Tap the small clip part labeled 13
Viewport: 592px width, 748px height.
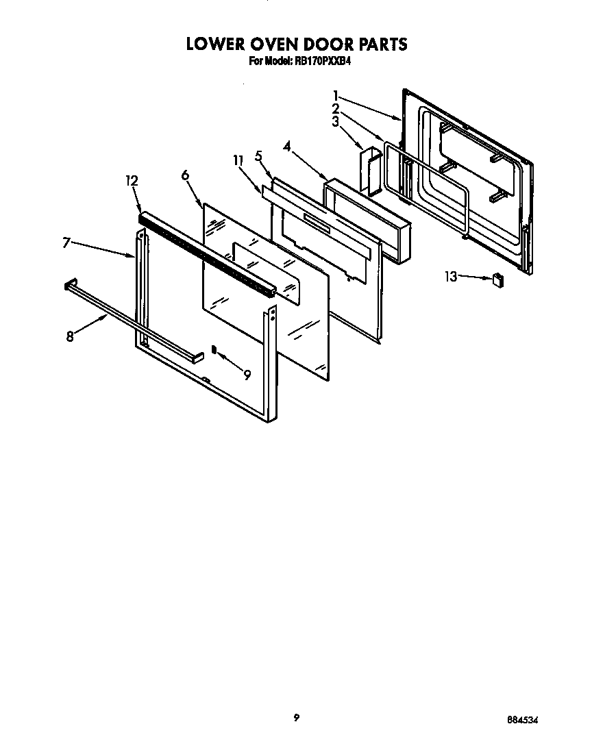498,279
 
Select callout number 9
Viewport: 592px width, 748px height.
247,373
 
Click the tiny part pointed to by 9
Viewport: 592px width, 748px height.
214,349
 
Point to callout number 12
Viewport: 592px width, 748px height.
132,181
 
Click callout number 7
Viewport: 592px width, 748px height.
66,242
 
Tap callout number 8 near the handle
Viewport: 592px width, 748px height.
70,336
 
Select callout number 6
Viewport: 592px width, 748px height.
185,175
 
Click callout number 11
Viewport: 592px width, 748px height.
238,160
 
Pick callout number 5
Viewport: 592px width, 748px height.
258,155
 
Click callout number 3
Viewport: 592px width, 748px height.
336,122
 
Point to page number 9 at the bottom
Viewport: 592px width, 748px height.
296,717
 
